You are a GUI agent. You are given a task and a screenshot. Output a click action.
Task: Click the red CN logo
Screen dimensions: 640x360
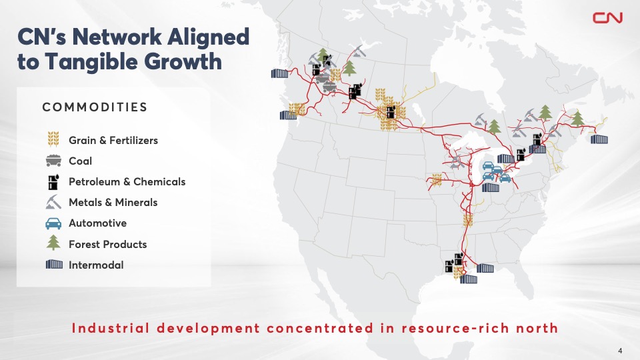click(607, 17)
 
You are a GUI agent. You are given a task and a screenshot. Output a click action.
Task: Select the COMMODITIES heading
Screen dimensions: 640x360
click(95, 107)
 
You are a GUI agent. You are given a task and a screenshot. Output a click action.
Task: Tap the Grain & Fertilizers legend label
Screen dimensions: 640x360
click(113, 141)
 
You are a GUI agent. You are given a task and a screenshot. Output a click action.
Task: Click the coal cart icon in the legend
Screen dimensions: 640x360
click(53, 161)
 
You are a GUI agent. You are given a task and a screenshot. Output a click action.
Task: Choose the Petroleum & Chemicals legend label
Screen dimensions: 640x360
click(127, 181)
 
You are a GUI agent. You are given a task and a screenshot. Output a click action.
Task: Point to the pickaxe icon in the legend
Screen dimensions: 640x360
click(53, 202)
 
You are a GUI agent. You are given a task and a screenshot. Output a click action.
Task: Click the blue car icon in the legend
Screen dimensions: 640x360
click(53, 223)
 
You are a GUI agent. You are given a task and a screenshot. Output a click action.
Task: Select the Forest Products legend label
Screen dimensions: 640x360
click(108, 244)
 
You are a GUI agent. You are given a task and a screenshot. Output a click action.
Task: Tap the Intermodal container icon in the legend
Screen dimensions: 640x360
click(54, 265)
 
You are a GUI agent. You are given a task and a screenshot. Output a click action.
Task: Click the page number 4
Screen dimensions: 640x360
click(620, 351)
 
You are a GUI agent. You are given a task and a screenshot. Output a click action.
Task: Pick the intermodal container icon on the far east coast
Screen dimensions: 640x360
click(599, 139)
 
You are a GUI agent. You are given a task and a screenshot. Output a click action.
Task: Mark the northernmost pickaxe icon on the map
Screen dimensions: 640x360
click(357, 51)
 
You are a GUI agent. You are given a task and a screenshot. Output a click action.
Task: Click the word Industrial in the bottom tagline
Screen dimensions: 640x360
click(111, 328)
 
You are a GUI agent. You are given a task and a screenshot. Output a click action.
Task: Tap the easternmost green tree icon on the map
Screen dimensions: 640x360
click(577, 118)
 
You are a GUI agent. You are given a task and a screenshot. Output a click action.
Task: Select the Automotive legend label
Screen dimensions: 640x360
click(97, 223)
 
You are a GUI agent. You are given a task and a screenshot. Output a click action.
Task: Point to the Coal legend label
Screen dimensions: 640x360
click(81, 161)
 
